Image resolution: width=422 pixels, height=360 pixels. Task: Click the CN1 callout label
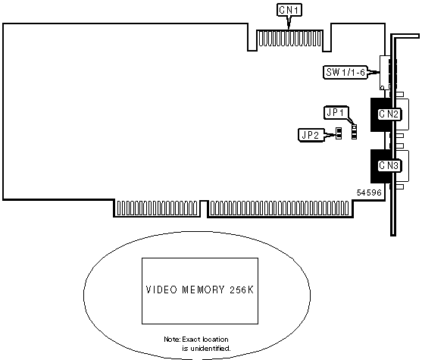[x=289, y=11]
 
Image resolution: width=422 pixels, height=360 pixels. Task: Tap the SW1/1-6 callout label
[x=345, y=73]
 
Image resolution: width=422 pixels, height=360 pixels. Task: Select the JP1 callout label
[x=336, y=113]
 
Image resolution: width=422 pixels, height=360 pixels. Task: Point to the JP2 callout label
[x=311, y=135]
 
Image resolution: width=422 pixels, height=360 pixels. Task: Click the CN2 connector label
[x=389, y=114]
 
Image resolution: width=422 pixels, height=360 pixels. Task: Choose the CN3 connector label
[x=389, y=165]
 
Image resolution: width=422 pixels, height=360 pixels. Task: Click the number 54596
[x=369, y=193]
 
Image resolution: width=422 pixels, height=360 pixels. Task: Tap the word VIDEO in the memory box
[x=161, y=290]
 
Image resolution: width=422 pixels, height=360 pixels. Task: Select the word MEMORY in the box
[x=203, y=290]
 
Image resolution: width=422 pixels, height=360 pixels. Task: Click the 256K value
[x=242, y=290]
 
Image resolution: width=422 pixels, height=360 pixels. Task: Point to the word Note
[x=172, y=340]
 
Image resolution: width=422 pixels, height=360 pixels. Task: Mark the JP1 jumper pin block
[x=354, y=132]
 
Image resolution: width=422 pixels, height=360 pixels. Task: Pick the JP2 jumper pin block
[x=339, y=133]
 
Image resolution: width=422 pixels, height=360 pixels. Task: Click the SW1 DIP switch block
[x=385, y=73]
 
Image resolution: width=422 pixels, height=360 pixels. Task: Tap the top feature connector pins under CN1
[x=289, y=38]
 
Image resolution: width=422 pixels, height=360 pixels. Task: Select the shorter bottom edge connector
[x=157, y=208]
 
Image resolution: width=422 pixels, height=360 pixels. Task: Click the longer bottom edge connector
[x=279, y=208]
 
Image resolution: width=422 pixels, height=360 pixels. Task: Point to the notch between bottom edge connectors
[x=204, y=208]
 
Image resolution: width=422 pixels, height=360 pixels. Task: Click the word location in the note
[x=215, y=340]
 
